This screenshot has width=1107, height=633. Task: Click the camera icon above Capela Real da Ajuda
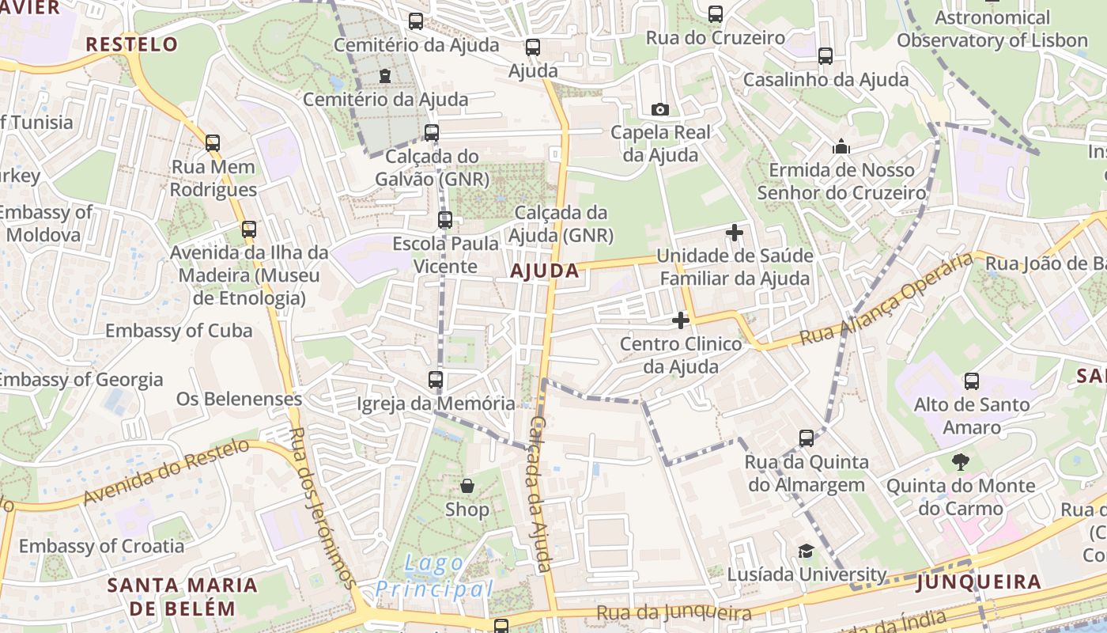659,109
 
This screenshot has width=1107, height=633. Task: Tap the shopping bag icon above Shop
467,485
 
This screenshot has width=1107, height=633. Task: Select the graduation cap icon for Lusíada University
806,551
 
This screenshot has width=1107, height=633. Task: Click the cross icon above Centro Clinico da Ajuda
680,320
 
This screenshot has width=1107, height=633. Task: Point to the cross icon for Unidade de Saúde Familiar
735,233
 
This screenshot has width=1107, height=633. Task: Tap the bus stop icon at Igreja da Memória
436,380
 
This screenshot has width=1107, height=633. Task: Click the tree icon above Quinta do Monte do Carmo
961,461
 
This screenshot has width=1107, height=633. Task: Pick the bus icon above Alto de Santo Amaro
972,381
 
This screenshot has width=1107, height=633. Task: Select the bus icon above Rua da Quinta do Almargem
807,438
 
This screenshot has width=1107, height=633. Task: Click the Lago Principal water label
434,576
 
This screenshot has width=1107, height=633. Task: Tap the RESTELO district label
131,44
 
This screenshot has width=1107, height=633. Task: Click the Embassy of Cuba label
179,331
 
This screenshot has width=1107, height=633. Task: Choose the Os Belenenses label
239,398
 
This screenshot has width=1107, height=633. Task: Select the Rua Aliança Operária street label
886,300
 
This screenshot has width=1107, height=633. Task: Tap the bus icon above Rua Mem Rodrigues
213,143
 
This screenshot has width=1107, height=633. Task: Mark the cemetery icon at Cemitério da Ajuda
384,76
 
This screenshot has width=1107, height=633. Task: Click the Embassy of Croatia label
101,546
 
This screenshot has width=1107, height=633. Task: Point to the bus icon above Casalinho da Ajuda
826,56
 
